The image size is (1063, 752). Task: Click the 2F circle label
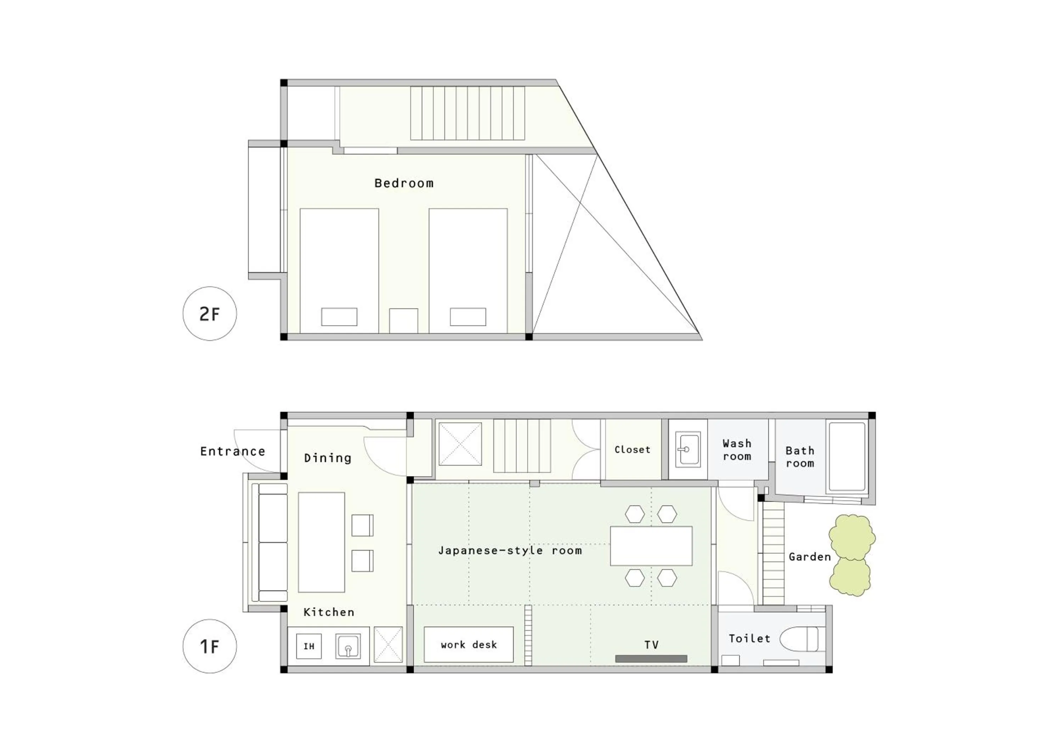pos(210,314)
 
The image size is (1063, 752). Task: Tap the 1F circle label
pos(210,646)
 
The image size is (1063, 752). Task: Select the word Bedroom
pos(404,183)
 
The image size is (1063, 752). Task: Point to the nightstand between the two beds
pos(403,320)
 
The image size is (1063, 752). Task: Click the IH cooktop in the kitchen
pos(309,646)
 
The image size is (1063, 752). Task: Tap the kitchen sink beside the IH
pos(348,646)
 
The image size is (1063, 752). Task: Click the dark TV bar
pos(651,658)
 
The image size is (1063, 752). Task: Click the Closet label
pos(632,450)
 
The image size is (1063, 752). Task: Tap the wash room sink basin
pos(687,449)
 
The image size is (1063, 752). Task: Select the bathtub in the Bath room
pos(847,456)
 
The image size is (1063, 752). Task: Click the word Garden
pos(810,557)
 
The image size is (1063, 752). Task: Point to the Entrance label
pos(232,451)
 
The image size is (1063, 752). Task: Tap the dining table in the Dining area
pos(321,542)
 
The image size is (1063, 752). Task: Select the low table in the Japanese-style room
pos(651,546)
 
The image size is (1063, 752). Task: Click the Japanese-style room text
pos(510,551)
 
